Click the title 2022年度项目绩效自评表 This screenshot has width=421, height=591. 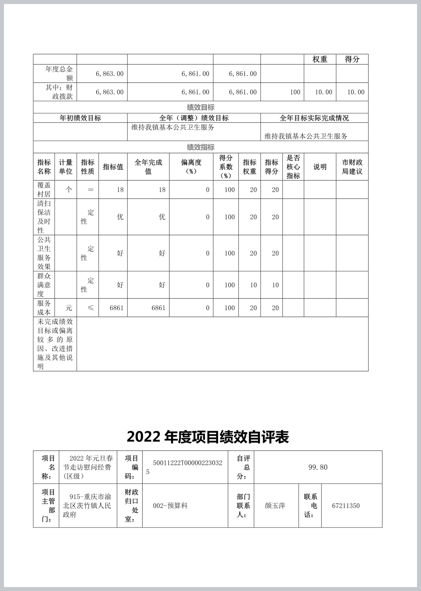208,437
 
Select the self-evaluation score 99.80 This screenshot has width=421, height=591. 318,467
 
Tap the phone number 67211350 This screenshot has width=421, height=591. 346,506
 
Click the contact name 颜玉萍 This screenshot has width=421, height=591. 275,506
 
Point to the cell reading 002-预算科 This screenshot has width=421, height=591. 170,506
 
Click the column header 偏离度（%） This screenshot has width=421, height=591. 191,167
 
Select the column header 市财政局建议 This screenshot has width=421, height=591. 352,167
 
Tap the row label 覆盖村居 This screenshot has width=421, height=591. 44,190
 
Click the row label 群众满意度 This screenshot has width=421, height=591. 44,285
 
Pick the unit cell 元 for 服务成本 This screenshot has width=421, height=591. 69,308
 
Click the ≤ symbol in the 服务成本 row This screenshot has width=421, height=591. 91,308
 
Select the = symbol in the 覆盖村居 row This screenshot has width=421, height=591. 91,190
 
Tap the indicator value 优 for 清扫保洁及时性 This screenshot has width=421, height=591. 120,217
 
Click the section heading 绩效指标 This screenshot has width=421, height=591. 201,147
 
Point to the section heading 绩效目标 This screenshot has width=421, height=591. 201,107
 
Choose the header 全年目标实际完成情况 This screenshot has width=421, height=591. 314,118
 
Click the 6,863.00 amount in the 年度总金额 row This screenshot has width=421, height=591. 109,74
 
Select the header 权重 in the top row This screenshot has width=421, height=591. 320,59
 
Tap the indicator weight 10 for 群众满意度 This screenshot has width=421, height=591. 253,285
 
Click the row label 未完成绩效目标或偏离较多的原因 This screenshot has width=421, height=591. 55,344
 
